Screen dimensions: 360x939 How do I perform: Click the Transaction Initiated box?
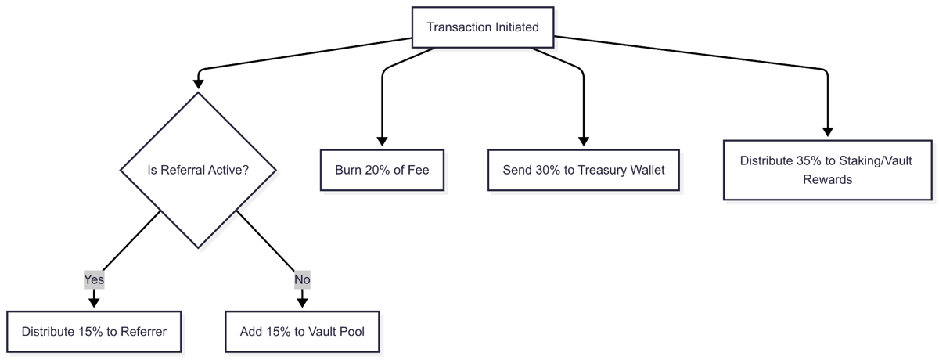[482, 27]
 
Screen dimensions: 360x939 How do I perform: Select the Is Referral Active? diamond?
[198, 170]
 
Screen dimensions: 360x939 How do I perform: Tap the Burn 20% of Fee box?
[381, 170]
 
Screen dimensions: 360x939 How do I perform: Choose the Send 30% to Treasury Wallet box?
[583, 170]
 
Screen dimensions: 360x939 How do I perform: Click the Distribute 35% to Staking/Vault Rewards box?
[827, 170]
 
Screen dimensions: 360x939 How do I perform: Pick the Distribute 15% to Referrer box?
[94, 332]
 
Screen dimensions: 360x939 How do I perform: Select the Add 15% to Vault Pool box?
[302, 332]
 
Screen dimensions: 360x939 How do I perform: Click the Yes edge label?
[94, 279]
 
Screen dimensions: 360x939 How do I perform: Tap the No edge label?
[302, 279]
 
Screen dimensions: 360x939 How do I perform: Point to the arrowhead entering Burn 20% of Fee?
[381, 142]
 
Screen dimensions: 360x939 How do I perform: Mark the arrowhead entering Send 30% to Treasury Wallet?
[584, 142]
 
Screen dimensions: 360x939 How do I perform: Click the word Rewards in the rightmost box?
[827, 179]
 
